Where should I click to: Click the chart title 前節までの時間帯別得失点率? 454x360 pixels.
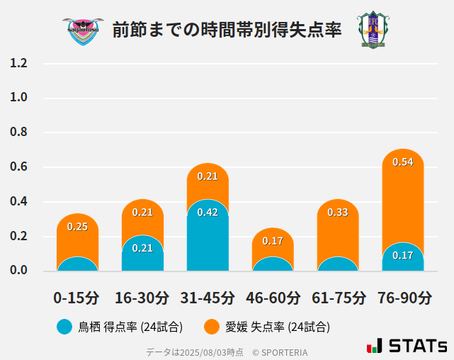(x=227, y=30)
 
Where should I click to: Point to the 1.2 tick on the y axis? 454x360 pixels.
(x=19, y=64)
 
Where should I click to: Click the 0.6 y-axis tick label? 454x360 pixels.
(x=19, y=167)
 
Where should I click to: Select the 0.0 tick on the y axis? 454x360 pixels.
(x=19, y=270)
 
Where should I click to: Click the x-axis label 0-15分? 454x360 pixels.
(x=77, y=298)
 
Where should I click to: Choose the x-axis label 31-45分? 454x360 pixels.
(x=208, y=298)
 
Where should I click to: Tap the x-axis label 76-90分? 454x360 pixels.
(x=403, y=298)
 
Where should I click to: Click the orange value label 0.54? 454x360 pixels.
(x=402, y=162)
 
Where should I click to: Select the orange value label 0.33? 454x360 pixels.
(x=337, y=213)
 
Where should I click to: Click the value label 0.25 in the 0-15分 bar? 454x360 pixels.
(x=77, y=227)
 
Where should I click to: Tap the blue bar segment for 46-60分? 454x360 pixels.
(x=273, y=264)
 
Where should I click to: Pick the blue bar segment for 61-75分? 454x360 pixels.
(x=338, y=264)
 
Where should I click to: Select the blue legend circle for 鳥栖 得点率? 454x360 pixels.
(x=64, y=327)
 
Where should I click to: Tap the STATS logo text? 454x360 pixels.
(x=418, y=347)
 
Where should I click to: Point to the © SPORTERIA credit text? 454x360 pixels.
(x=280, y=352)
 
